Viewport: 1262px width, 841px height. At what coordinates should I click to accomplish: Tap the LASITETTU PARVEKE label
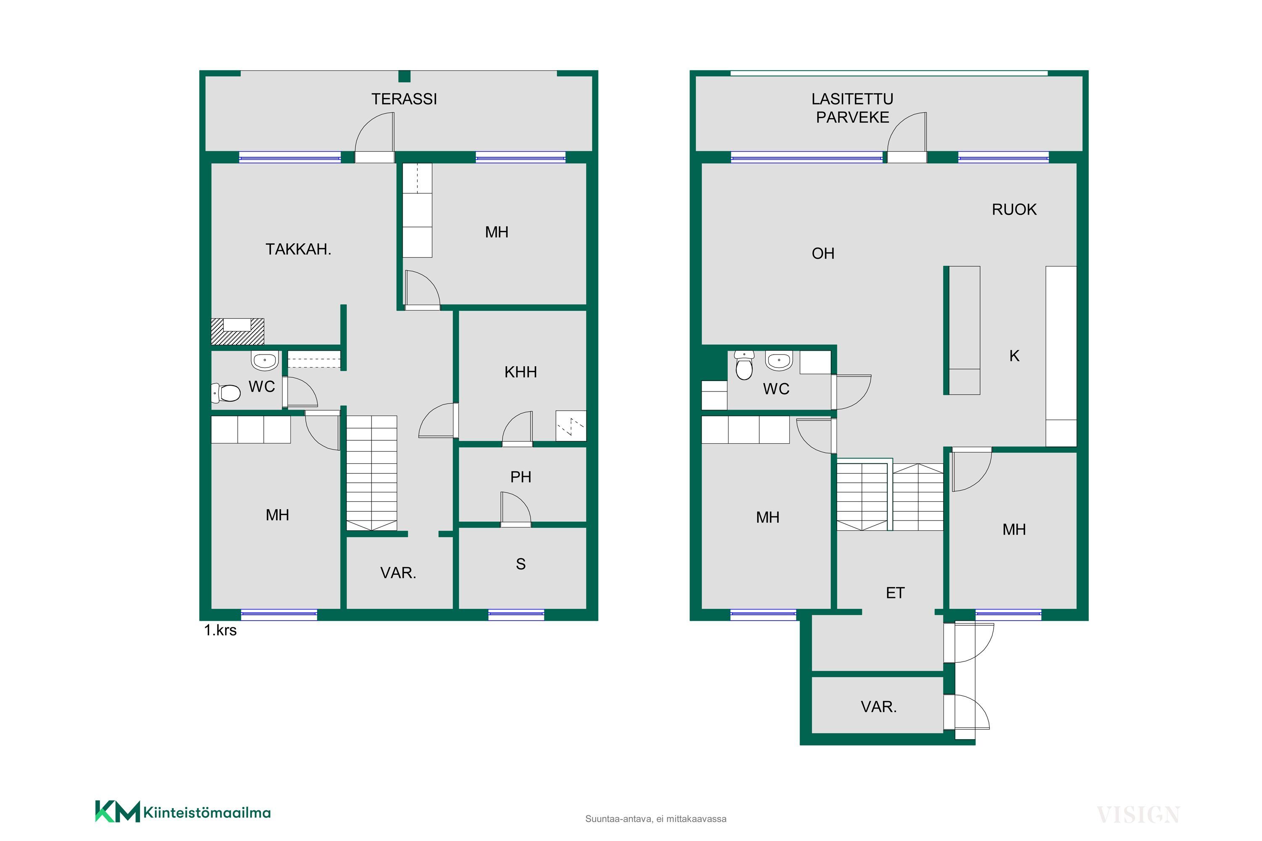point(852,108)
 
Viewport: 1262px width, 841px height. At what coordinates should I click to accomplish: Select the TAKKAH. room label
point(298,249)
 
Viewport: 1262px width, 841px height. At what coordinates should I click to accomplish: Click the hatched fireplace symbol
point(237,331)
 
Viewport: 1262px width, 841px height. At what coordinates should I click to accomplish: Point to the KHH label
point(520,372)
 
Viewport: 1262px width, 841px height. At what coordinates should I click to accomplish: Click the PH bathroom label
point(520,477)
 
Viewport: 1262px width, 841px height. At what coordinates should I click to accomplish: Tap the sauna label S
point(520,564)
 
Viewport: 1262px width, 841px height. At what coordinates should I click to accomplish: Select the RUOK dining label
point(1014,209)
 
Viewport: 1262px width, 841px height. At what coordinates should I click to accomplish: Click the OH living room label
point(823,253)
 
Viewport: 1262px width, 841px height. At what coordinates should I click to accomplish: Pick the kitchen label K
point(1014,356)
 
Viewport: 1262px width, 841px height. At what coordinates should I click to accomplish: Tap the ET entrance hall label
point(895,592)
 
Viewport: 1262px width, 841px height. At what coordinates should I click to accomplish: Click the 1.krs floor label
point(220,630)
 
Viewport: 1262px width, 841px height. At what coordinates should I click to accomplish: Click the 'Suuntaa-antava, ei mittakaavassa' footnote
point(656,819)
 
